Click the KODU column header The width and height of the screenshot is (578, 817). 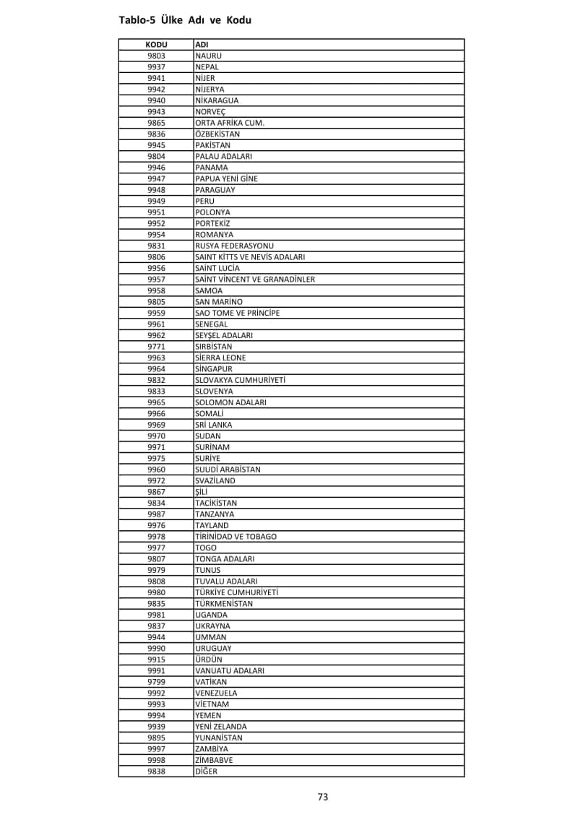click(156, 45)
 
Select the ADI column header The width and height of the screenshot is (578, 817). click(202, 45)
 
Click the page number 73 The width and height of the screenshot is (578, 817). click(323, 797)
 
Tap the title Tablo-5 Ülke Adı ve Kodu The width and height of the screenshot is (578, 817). click(185, 20)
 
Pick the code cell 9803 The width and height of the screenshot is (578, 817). click(156, 56)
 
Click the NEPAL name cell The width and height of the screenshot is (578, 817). click(207, 67)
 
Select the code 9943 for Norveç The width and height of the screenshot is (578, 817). click(156, 112)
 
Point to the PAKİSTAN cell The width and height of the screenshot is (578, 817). click(212, 145)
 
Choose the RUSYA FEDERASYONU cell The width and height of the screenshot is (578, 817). click(234, 246)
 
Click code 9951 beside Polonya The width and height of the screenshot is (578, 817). click(156, 212)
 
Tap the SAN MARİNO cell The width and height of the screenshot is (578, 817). click(219, 302)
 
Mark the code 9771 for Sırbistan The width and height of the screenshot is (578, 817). click(156, 347)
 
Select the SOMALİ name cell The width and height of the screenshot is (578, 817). click(210, 413)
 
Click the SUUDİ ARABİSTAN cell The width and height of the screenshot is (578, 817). click(228, 470)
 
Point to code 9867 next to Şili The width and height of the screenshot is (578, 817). click(156, 492)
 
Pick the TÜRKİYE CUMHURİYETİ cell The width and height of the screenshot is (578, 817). click(236, 592)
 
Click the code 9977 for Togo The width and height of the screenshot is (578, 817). click(156, 548)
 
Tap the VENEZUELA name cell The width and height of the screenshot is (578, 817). click(216, 693)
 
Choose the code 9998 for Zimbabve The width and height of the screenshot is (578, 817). click(156, 760)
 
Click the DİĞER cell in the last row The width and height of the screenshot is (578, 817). click(206, 771)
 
